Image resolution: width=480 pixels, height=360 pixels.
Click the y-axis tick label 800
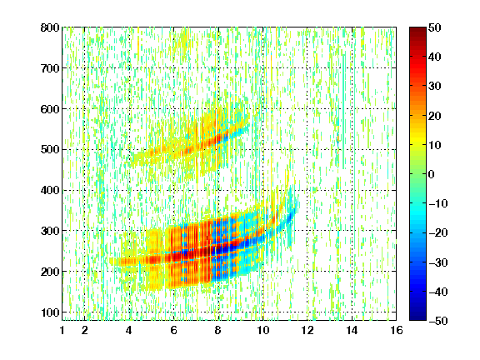[x=50, y=27]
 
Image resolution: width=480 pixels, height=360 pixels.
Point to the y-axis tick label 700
[x=50, y=68]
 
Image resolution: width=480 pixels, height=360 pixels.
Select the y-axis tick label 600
[x=50, y=109]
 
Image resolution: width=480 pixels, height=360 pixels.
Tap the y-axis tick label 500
[x=50, y=150]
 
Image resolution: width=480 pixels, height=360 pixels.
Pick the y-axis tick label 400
[x=50, y=190]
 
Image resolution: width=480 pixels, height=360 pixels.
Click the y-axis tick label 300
[x=50, y=231]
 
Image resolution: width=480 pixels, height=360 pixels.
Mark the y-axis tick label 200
[x=50, y=272]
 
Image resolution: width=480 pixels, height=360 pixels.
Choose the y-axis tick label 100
[x=50, y=312]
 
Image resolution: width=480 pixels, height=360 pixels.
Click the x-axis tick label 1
[x=62, y=330]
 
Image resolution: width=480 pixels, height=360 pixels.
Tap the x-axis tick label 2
[x=85, y=330]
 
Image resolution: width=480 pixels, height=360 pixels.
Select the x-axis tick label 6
[x=174, y=330]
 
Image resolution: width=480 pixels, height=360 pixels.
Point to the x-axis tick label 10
[x=263, y=330]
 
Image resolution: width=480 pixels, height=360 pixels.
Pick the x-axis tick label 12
[x=307, y=330]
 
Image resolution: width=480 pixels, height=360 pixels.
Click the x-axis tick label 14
[x=352, y=330]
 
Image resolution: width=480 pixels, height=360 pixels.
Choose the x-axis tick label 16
[x=397, y=330]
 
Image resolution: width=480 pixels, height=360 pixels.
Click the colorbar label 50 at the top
[x=434, y=27]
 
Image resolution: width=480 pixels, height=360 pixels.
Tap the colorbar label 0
[x=432, y=174]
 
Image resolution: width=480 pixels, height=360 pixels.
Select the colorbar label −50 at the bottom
[x=438, y=321]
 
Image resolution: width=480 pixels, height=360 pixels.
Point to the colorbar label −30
[x=438, y=262]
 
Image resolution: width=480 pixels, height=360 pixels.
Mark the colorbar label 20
[x=434, y=116]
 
